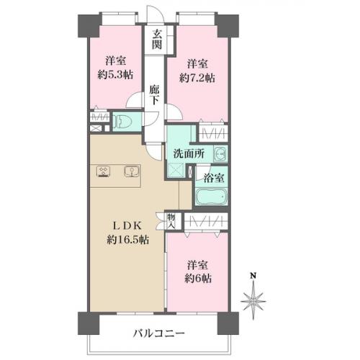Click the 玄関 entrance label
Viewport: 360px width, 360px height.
pos(156,40)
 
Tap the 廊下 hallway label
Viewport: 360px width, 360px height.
pos(154,95)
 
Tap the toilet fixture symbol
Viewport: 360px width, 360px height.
pos(123,121)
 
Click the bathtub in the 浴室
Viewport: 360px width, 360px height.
pos(212,197)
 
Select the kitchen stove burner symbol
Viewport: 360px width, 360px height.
pos(104,171)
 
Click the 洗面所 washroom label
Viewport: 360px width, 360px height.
pos(189,153)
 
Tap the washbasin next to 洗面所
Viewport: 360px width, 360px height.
pos(220,153)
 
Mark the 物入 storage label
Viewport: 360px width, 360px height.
pos(171,221)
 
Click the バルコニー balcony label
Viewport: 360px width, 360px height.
pos(159,333)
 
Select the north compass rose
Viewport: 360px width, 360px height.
pos(253,300)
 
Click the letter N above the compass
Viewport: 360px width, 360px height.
pos(253,276)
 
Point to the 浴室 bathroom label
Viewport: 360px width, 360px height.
pos(214,178)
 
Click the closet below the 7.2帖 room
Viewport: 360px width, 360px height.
pos(213,132)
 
